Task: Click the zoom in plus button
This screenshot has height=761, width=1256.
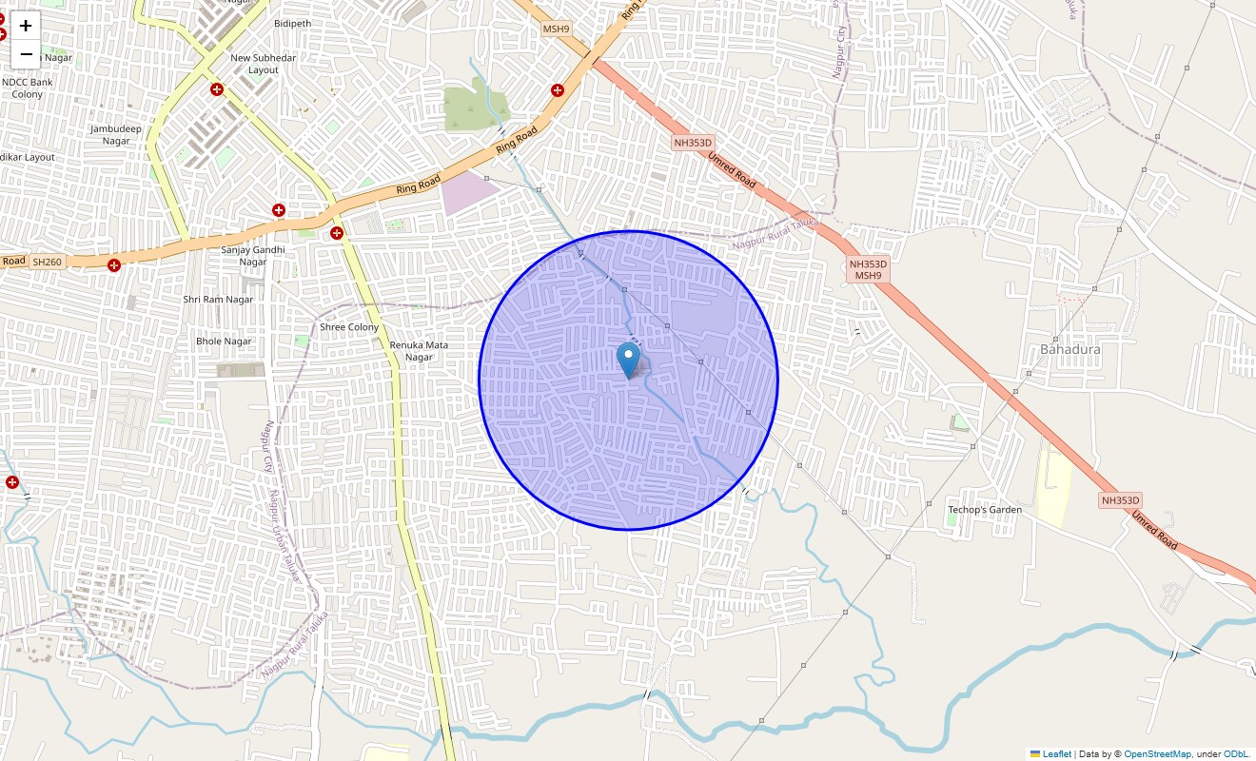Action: click(26, 26)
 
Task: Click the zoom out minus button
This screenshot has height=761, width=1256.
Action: click(26, 54)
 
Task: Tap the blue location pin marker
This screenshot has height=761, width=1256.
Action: click(628, 361)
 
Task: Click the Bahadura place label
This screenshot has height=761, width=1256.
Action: click(1070, 349)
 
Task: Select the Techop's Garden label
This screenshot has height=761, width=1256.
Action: click(984, 510)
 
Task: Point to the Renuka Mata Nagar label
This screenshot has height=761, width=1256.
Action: click(419, 351)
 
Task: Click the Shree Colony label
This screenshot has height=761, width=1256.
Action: click(349, 327)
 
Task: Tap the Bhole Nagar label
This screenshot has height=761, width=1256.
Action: click(224, 341)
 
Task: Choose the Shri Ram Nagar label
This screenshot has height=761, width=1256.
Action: click(218, 300)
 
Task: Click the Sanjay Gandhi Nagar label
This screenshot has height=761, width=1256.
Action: click(244, 256)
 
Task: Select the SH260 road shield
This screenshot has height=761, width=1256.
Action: click(46, 261)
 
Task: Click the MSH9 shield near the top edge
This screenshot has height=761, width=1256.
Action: click(556, 29)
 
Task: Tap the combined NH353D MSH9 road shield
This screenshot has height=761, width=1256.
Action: click(868, 269)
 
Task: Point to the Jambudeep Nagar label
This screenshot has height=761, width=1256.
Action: click(116, 135)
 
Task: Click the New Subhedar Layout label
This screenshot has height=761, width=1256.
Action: click(264, 64)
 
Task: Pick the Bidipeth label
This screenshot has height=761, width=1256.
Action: click(292, 24)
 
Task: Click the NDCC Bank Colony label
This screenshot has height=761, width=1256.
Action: click(28, 88)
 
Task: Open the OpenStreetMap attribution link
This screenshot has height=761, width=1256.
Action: click(1157, 754)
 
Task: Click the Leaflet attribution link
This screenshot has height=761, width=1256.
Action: click(1056, 754)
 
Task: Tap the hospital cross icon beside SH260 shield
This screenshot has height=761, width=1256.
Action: click(114, 264)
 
